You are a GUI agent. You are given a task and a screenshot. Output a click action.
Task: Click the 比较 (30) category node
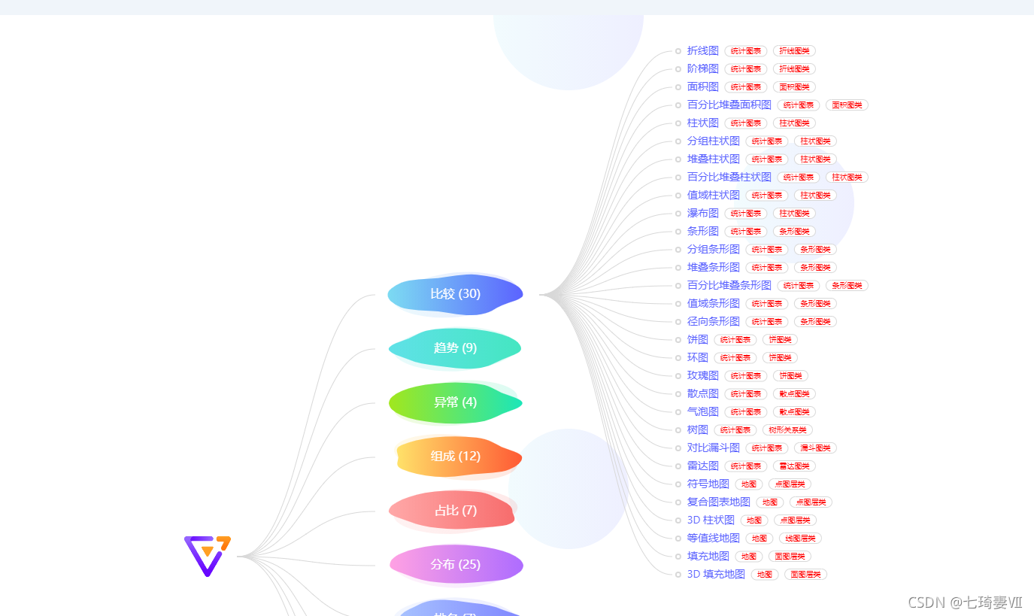pyautogui.click(x=455, y=293)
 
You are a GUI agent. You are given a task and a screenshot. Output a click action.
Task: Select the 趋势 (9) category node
pyautogui.click(x=455, y=347)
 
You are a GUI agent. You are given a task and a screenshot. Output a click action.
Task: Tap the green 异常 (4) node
pyautogui.click(x=455, y=402)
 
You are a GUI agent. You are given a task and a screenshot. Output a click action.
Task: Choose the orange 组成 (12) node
pyautogui.click(x=455, y=456)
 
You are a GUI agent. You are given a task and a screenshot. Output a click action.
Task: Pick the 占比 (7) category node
pyautogui.click(x=455, y=511)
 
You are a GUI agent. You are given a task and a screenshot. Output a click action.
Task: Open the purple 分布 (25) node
pyautogui.click(x=455, y=564)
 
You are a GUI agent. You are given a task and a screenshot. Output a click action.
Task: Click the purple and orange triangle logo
pyautogui.click(x=207, y=555)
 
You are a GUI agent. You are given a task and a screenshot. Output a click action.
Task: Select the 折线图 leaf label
pyautogui.click(x=703, y=50)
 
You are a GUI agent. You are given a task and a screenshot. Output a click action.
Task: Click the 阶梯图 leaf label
pyautogui.click(x=703, y=68)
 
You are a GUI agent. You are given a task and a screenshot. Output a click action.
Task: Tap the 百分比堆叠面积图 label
pyautogui.click(x=729, y=105)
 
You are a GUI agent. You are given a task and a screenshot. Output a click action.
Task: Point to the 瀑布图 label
pyautogui.click(x=703, y=213)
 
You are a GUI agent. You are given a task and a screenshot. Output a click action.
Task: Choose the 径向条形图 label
pyautogui.click(x=714, y=321)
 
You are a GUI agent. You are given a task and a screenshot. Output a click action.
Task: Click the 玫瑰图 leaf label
pyautogui.click(x=703, y=375)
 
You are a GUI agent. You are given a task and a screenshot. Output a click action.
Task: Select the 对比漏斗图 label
pyautogui.click(x=714, y=448)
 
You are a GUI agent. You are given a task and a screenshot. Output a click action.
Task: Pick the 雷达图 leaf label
pyautogui.click(x=703, y=466)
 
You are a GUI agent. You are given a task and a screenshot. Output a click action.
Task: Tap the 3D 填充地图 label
pyautogui.click(x=716, y=574)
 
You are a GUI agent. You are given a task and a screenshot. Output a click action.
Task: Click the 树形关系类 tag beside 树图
pyautogui.click(x=787, y=430)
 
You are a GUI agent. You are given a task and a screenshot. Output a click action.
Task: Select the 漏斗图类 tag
pyautogui.click(x=815, y=448)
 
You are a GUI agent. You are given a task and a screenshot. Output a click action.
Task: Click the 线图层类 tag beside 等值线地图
pyautogui.click(x=800, y=539)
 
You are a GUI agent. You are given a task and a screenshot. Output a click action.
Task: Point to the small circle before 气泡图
pyautogui.click(x=678, y=411)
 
